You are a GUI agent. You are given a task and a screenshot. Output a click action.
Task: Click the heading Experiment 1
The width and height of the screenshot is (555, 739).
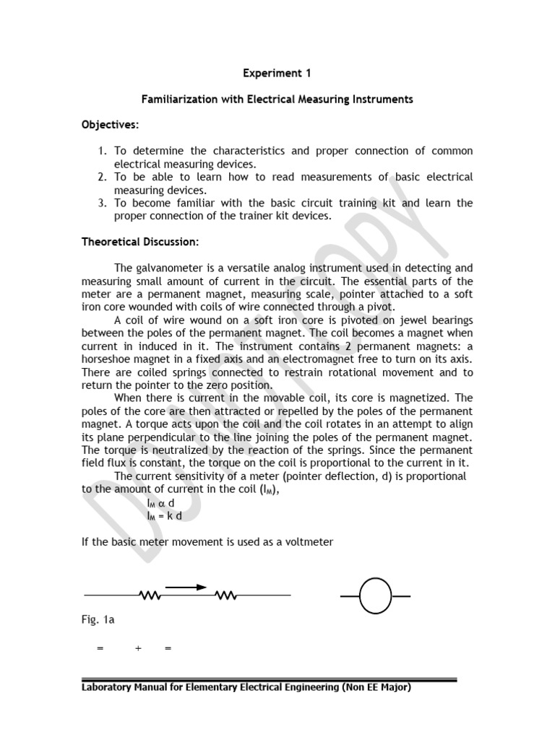277,73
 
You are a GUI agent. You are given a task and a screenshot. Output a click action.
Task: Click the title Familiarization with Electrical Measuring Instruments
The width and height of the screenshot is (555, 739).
277,99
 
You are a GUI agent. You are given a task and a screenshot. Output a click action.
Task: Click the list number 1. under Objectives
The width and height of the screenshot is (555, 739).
103,151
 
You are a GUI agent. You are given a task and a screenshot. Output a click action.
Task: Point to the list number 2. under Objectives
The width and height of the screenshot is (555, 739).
103,177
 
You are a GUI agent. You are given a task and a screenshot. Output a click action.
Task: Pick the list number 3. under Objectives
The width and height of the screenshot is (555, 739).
103,203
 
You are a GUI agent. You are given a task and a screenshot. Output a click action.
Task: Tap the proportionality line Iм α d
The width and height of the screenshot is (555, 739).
160,502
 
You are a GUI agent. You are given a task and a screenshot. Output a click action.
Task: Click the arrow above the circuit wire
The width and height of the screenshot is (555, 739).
186,587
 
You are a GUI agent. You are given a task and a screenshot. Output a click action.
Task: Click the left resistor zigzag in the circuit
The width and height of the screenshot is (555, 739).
150,595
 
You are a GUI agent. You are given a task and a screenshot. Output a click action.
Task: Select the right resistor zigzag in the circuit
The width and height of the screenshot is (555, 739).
226,595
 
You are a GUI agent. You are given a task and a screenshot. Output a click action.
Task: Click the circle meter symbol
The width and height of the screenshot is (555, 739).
375,596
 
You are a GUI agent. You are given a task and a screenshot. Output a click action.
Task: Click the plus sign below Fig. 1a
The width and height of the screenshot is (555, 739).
138,649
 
